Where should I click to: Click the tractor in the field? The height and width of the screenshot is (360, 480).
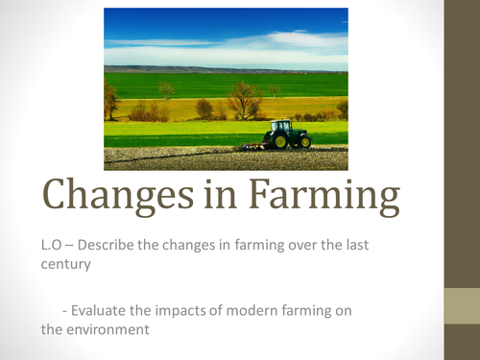(x=289, y=134)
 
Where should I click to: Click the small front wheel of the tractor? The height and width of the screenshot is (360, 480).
(x=304, y=142)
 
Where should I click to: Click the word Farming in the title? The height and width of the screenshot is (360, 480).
(x=327, y=201)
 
